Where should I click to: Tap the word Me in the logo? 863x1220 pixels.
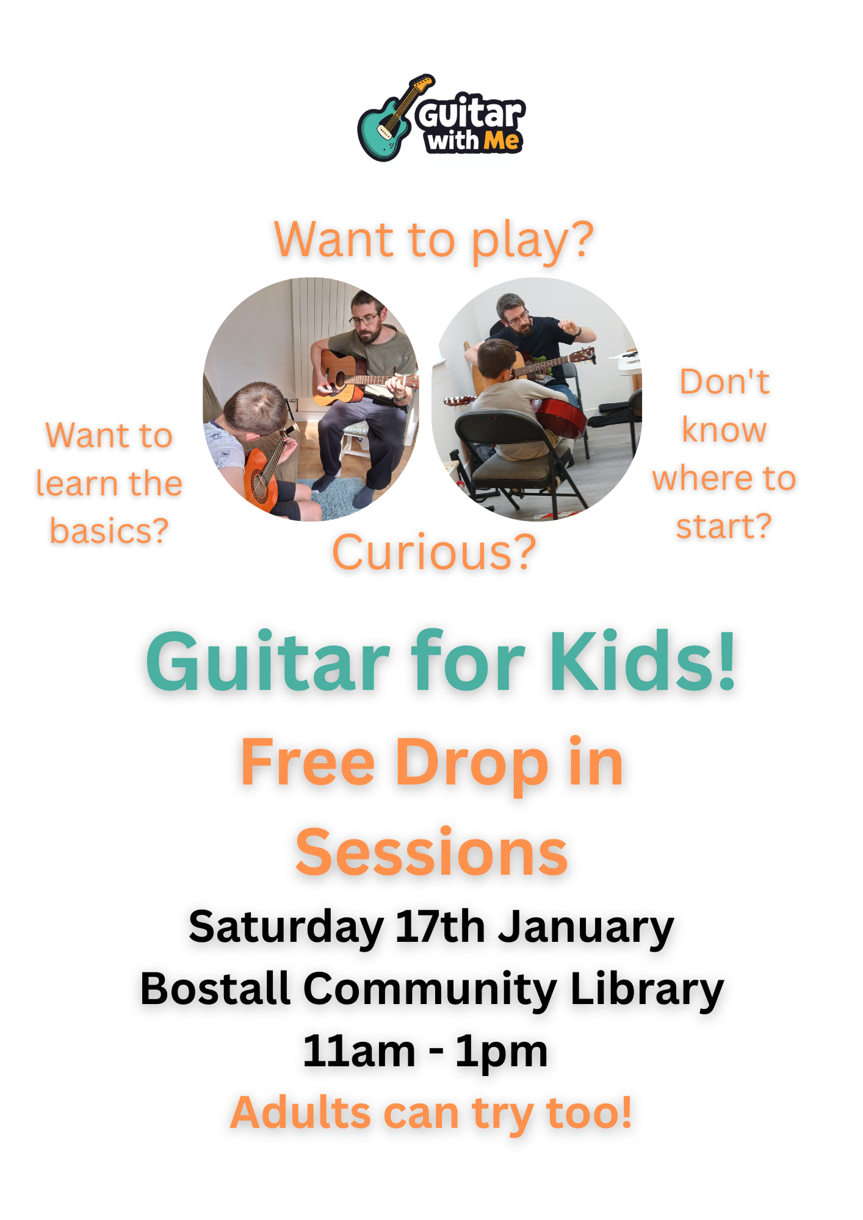click(x=501, y=141)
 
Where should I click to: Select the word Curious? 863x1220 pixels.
click(x=434, y=552)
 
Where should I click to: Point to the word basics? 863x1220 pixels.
click(x=109, y=531)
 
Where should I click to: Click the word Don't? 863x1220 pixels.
click(x=724, y=382)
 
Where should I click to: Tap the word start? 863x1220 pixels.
click(x=724, y=526)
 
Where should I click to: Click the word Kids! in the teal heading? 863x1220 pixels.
click(x=643, y=661)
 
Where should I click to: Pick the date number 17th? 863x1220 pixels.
click(x=440, y=927)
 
